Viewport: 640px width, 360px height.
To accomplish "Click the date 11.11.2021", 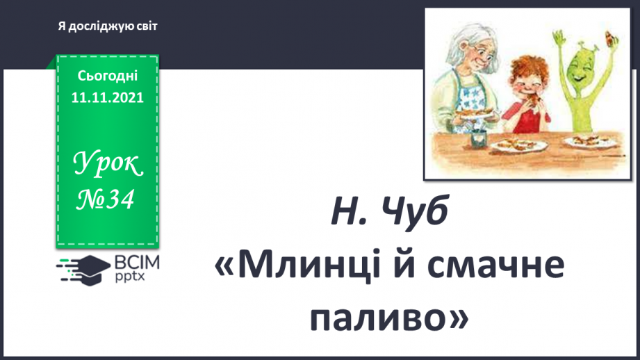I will (x=107, y=99).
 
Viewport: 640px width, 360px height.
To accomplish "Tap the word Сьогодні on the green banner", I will (x=108, y=75).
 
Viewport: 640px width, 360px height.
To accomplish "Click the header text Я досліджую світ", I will (x=108, y=26).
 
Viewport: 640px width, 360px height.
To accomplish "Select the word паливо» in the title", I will (x=388, y=317).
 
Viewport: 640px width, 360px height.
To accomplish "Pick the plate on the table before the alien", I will (x=588, y=142).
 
